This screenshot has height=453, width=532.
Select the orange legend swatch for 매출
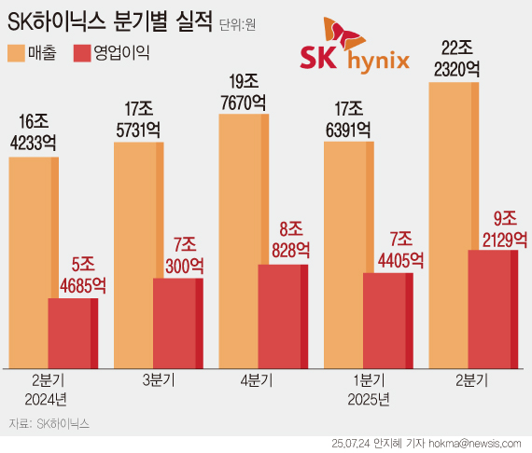(x=20, y=53)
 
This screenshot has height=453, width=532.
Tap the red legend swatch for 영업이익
(x=86, y=53)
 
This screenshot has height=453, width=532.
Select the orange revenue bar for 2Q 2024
(x=33, y=261)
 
